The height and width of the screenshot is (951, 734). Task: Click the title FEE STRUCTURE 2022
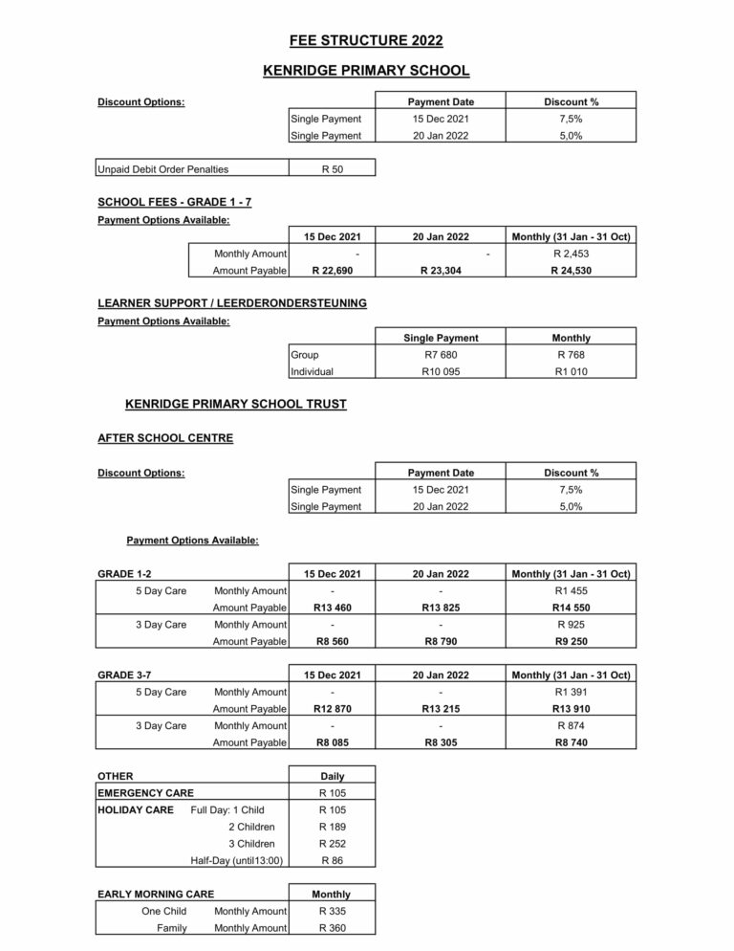click(366, 40)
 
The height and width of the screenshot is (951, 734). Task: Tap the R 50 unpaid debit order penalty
click(332, 169)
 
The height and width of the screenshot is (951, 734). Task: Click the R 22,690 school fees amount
click(332, 271)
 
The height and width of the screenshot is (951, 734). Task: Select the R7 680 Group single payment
click(441, 355)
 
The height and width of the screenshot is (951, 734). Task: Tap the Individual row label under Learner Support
click(313, 372)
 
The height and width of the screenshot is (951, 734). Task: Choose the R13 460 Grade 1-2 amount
click(332, 608)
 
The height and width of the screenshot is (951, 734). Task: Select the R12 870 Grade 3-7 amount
click(332, 709)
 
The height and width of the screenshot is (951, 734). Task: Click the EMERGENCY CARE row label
click(146, 793)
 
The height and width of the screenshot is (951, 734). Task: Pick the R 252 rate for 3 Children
click(332, 844)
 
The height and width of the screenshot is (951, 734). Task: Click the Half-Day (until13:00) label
click(237, 861)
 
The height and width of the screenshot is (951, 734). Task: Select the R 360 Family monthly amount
click(332, 928)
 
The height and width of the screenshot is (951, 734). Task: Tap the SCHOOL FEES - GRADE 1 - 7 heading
click(175, 202)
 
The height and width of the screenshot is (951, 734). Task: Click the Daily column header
click(332, 776)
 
